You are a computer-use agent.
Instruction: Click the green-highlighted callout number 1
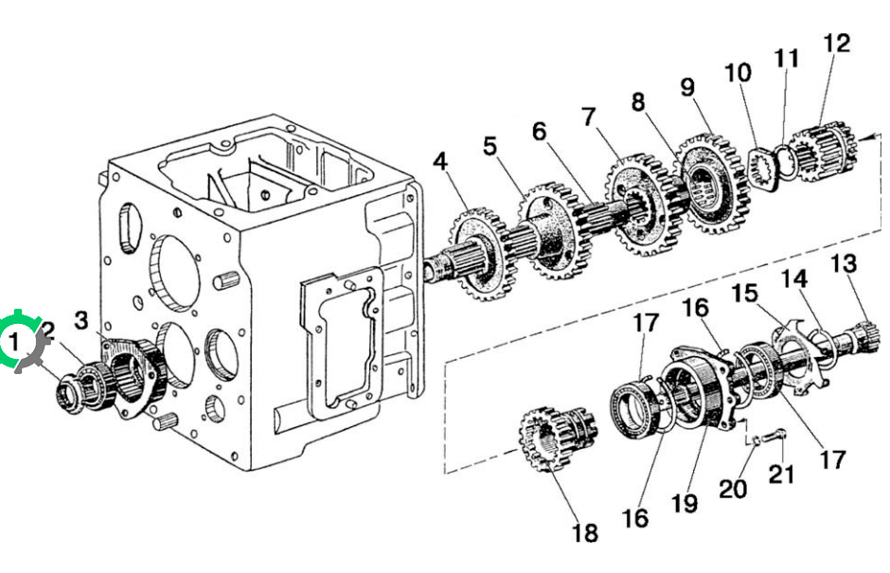pyautogui.click(x=13, y=342)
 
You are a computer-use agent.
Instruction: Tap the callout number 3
pyautogui.click(x=81, y=320)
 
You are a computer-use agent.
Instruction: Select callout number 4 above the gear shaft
pyautogui.click(x=440, y=162)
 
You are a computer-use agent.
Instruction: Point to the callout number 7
pyautogui.click(x=589, y=117)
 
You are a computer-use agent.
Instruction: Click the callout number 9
pyautogui.click(x=687, y=87)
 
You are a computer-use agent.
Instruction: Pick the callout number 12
pyautogui.click(x=837, y=44)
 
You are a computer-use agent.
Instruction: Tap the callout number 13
pyautogui.click(x=844, y=263)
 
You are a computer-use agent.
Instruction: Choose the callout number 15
pyautogui.click(x=745, y=294)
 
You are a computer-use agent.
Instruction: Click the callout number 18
pyautogui.click(x=584, y=533)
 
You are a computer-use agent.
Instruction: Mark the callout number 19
pyautogui.click(x=684, y=504)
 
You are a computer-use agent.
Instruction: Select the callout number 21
pyautogui.click(x=781, y=475)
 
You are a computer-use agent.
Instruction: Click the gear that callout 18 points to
pyautogui.click(x=559, y=439)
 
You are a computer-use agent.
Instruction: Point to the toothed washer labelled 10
pyautogui.click(x=761, y=169)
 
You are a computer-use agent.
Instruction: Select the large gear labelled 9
pyautogui.click(x=713, y=183)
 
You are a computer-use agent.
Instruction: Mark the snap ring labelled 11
pyautogui.click(x=785, y=161)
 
